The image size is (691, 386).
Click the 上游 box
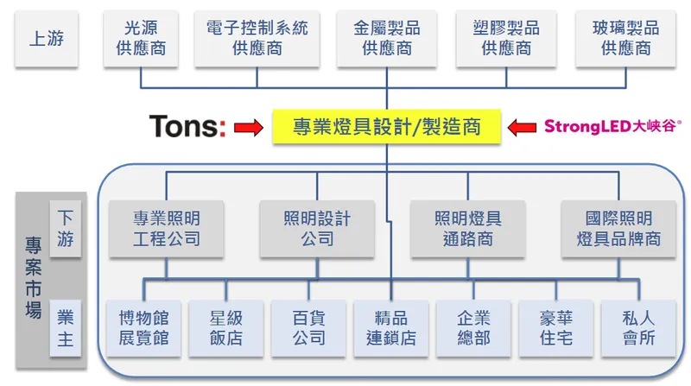(x=44, y=38)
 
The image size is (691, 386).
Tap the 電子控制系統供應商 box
(x=257, y=38)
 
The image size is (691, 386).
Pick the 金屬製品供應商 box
(x=386, y=38)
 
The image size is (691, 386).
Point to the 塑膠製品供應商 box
(x=506, y=38)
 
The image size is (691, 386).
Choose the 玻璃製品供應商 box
(x=625, y=38)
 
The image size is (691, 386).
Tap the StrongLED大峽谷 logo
(x=612, y=127)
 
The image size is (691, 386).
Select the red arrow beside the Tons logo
(x=248, y=129)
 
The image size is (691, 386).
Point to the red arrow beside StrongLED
(x=522, y=128)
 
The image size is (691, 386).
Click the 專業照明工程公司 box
(x=166, y=228)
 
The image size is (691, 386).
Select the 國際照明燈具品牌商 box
(x=618, y=228)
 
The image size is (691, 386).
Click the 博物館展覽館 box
(x=143, y=327)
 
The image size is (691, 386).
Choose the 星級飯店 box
(x=225, y=327)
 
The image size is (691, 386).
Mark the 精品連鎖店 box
(x=390, y=327)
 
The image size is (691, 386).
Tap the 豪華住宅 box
(x=555, y=327)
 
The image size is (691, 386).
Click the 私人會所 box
(x=638, y=327)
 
